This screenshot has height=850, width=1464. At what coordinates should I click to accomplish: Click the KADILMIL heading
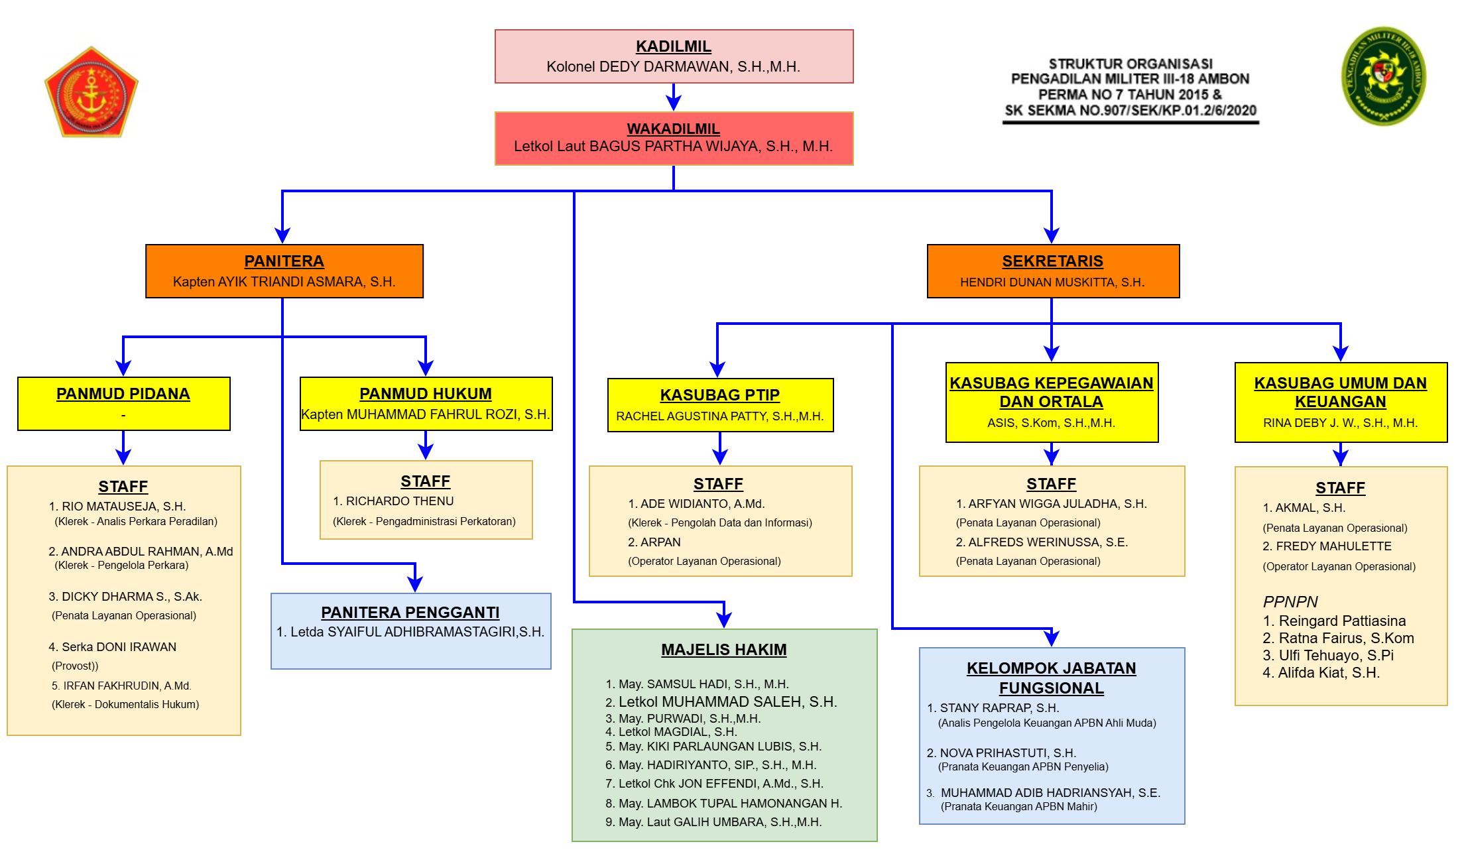[x=673, y=46]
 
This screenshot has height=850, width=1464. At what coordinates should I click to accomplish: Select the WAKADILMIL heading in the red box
[x=673, y=129]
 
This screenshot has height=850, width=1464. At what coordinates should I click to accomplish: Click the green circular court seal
[x=1383, y=76]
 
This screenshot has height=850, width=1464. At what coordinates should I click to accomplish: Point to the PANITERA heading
[x=284, y=261]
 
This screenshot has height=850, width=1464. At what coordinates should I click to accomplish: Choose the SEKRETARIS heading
[x=1052, y=261]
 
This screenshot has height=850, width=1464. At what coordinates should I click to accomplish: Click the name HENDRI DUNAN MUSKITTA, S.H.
[x=1052, y=282]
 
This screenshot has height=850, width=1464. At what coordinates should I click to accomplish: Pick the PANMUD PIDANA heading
[x=123, y=394]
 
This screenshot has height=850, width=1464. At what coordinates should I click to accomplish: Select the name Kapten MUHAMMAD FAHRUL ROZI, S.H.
[x=425, y=414]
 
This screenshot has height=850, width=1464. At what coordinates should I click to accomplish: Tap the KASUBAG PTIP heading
[x=719, y=395]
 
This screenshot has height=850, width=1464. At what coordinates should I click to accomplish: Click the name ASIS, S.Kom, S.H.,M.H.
[x=1051, y=423]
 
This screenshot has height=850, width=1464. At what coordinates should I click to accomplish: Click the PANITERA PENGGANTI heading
[x=410, y=613]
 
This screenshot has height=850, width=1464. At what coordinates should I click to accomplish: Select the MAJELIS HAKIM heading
[x=723, y=650]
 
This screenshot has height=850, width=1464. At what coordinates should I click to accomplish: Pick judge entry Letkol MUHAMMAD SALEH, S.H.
[x=727, y=701]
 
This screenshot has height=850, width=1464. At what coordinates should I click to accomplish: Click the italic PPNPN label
[x=1290, y=602]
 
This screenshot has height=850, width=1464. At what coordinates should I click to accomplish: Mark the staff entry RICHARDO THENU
[x=399, y=501]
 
